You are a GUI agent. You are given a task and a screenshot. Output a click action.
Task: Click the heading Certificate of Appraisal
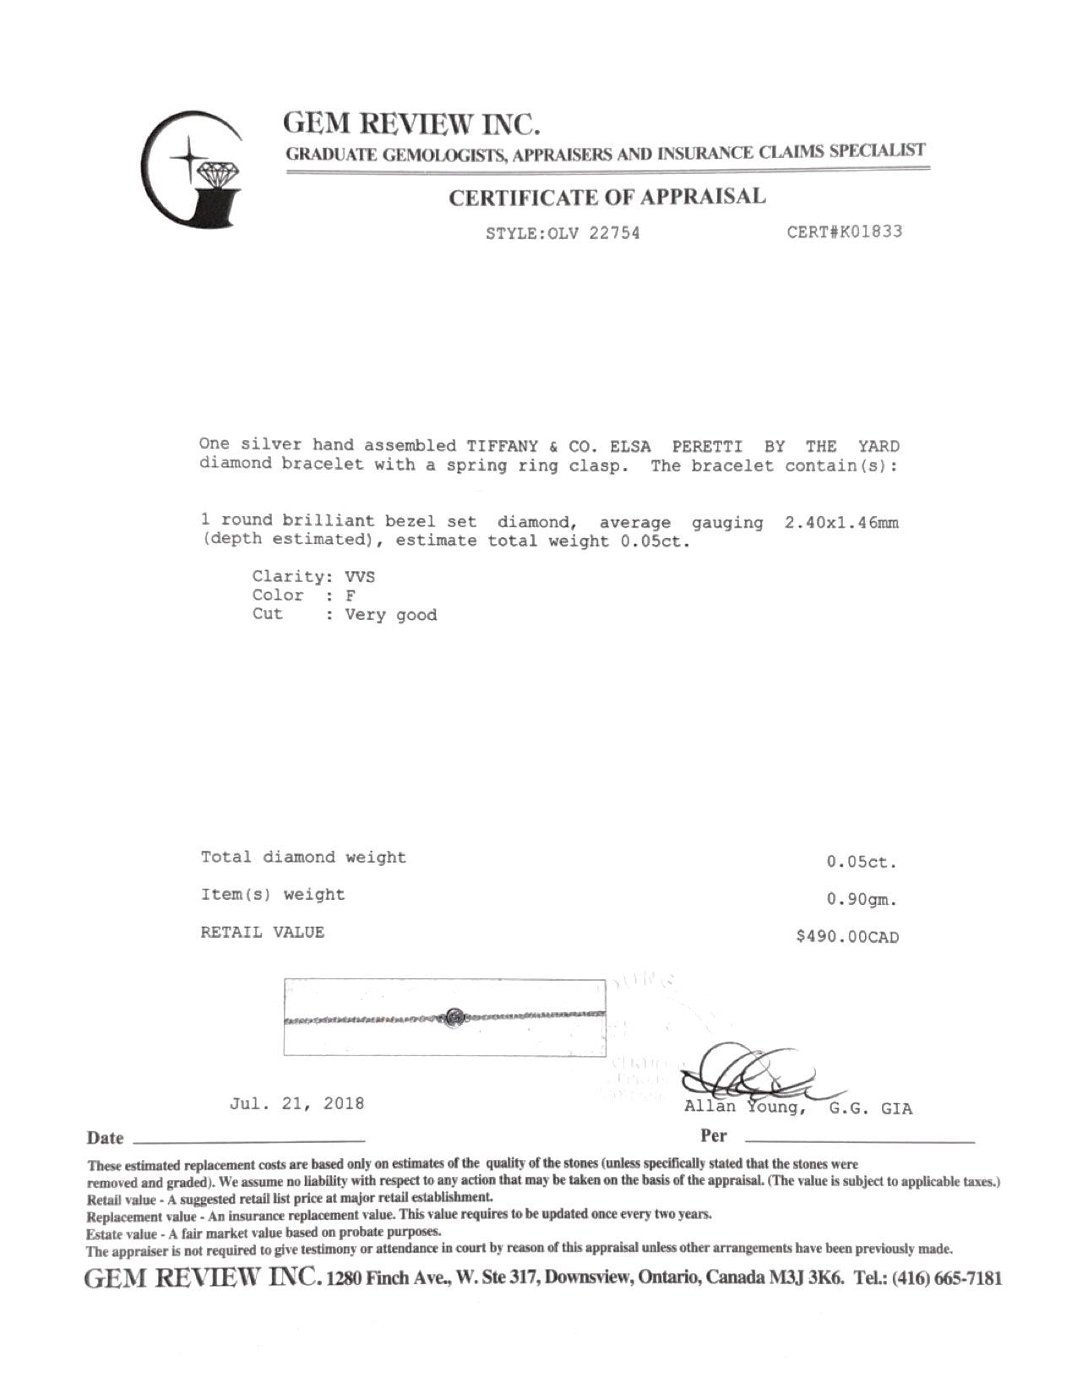click(606, 198)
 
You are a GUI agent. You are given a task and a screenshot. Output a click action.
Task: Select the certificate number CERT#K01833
click(844, 231)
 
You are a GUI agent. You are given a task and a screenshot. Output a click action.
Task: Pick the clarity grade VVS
click(360, 578)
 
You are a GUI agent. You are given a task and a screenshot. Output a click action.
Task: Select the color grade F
click(351, 596)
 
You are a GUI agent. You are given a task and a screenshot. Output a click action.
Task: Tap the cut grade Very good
click(390, 615)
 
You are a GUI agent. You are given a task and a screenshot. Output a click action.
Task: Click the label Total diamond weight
click(303, 858)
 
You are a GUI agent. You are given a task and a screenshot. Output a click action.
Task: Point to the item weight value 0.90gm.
click(861, 900)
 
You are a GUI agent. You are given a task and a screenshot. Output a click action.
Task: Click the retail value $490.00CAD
click(847, 937)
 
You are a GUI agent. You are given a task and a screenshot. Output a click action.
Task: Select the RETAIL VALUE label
click(263, 933)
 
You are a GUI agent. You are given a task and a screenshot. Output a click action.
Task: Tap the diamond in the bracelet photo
click(455, 1017)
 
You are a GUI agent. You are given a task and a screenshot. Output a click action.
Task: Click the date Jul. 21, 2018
click(297, 1103)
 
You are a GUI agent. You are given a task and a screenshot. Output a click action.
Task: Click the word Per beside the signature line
click(713, 1136)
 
